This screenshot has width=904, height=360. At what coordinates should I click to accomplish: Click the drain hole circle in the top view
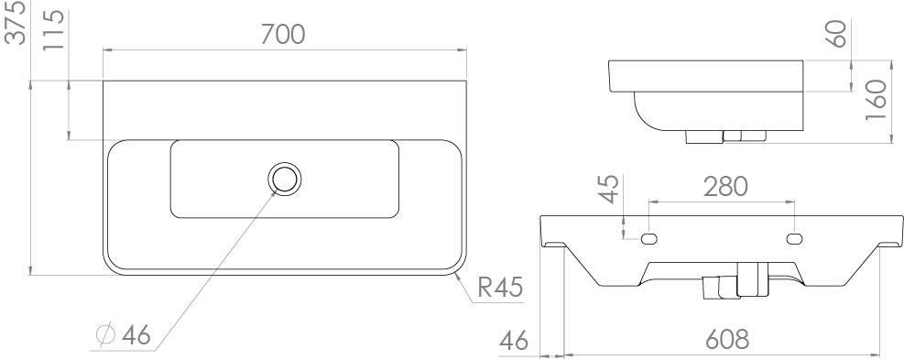(285, 179)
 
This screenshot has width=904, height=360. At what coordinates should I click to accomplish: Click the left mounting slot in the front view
(649, 238)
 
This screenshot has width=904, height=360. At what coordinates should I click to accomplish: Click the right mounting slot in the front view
(793, 238)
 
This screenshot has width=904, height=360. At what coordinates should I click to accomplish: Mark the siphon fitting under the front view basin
(735, 281)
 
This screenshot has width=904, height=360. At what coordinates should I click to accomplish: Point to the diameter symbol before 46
(103, 336)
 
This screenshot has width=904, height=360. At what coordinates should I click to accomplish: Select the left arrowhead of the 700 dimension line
(107, 49)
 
